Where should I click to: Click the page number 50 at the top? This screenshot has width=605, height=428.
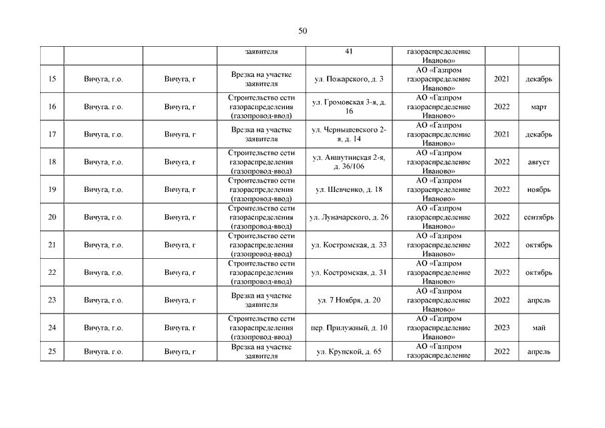click(x=302, y=31)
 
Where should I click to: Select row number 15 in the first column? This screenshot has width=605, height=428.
click(x=52, y=80)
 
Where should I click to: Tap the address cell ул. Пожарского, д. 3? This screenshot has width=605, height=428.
click(x=349, y=80)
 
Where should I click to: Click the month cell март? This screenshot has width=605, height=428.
click(x=539, y=107)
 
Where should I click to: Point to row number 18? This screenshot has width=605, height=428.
click(x=52, y=163)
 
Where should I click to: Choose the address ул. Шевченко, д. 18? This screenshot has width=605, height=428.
click(x=349, y=190)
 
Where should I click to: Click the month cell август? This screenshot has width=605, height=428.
click(x=539, y=163)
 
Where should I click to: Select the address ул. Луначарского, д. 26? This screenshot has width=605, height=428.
click(x=349, y=217)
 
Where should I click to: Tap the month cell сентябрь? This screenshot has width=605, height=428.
click(x=539, y=217)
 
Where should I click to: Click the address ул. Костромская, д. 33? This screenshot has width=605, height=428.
click(x=349, y=245)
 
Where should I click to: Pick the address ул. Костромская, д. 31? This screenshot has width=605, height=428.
click(x=349, y=273)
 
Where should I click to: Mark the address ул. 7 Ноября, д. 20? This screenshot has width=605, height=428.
click(x=349, y=300)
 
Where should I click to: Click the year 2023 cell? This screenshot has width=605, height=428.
click(x=501, y=328)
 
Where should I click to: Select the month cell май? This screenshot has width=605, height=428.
click(x=539, y=328)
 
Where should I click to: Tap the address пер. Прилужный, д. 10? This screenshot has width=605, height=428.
click(x=349, y=328)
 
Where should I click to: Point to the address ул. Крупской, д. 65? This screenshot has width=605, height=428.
click(x=349, y=352)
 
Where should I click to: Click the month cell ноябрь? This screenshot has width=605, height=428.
click(x=539, y=190)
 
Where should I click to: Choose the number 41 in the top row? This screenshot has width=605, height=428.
click(x=349, y=52)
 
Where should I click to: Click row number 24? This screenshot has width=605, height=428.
click(x=52, y=328)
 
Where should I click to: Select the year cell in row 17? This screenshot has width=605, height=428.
click(x=501, y=134)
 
